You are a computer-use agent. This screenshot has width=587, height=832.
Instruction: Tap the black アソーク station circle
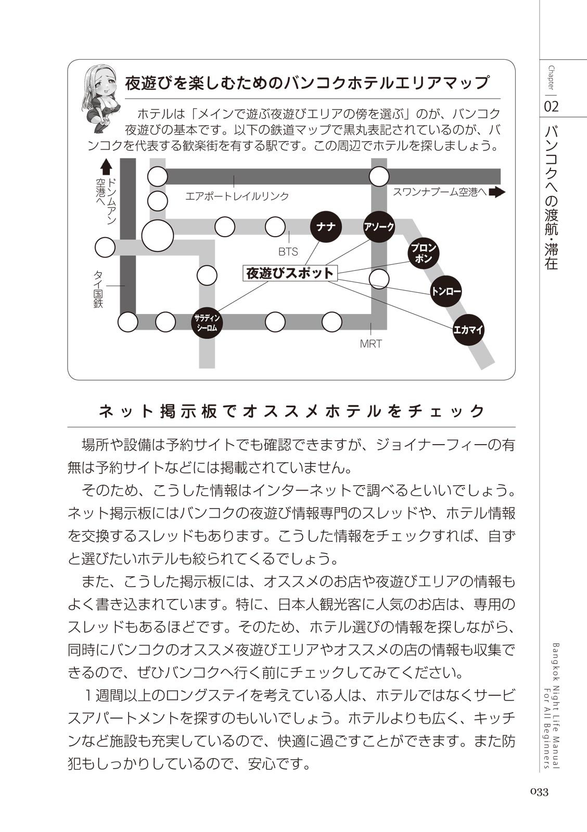[379, 227]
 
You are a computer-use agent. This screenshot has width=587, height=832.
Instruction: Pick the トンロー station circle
[446, 292]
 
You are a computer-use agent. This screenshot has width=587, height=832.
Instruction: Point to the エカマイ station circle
[468, 329]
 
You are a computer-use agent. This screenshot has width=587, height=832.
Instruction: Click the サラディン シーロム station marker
[208, 322]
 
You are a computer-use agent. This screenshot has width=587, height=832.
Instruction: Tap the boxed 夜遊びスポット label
[290, 274]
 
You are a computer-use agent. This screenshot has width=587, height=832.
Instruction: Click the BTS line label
[288, 252]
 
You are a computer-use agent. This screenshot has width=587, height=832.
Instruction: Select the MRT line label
[371, 344]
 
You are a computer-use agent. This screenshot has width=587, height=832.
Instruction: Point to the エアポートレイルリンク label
[237, 196]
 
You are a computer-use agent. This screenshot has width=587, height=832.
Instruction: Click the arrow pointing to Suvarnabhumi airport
[497, 192]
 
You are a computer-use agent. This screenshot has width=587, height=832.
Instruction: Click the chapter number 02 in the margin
[551, 107]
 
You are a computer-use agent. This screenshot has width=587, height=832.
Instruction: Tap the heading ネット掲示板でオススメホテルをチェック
[291, 411]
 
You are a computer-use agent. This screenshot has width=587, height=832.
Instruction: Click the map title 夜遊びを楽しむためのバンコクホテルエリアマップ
[307, 83]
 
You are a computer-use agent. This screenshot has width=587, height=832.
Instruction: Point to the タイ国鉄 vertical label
[98, 289]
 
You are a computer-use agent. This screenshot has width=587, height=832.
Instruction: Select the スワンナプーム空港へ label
[440, 192]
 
